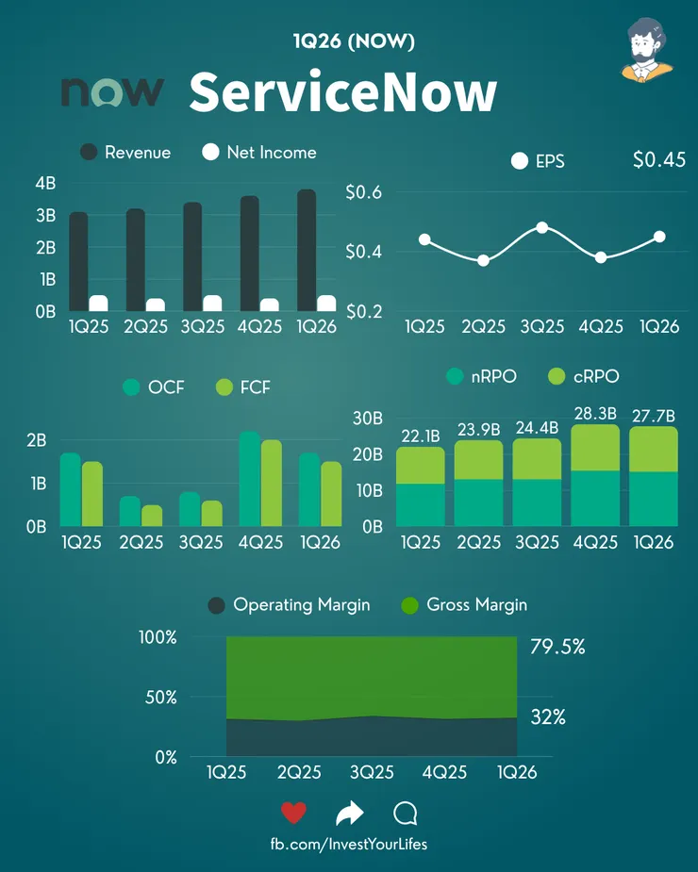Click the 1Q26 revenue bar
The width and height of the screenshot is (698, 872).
[x=307, y=250]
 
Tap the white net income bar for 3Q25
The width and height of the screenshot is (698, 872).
[x=212, y=304]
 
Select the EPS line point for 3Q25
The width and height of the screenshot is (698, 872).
[x=542, y=227]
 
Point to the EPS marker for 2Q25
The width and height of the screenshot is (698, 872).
[x=483, y=260]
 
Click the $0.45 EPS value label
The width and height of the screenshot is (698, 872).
[x=659, y=160]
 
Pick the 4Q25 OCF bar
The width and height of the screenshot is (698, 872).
[x=250, y=479]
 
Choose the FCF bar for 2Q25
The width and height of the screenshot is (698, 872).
[x=152, y=516]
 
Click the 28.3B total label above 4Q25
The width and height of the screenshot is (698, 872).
[x=595, y=414]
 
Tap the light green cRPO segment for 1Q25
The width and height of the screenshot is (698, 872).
[x=421, y=466]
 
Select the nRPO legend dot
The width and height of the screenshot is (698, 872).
[x=455, y=376]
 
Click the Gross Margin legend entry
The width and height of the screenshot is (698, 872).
[x=464, y=605]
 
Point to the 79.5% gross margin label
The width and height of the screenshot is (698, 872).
[x=557, y=647]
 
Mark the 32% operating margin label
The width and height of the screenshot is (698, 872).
[x=548, y=717]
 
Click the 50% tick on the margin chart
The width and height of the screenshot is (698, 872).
[x=161, y=698]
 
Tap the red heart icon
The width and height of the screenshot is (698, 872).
[x=293, y=813]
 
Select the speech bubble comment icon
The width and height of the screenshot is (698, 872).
[x=406, y=813]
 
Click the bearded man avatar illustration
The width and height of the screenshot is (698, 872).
[x=647, y=50]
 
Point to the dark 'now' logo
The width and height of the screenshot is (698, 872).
[x=112, y=91]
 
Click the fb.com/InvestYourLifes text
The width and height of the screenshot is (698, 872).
[x=349, y=845]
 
